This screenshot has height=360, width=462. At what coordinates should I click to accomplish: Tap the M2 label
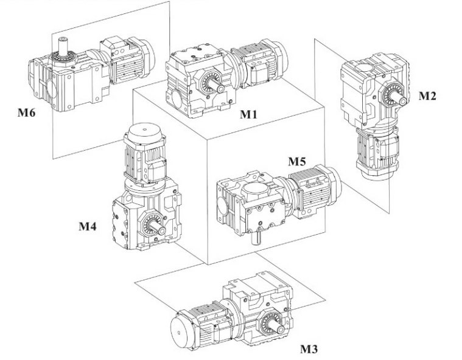428,95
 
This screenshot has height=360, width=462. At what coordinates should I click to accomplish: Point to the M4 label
89,227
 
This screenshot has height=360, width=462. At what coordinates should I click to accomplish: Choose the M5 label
299,161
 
